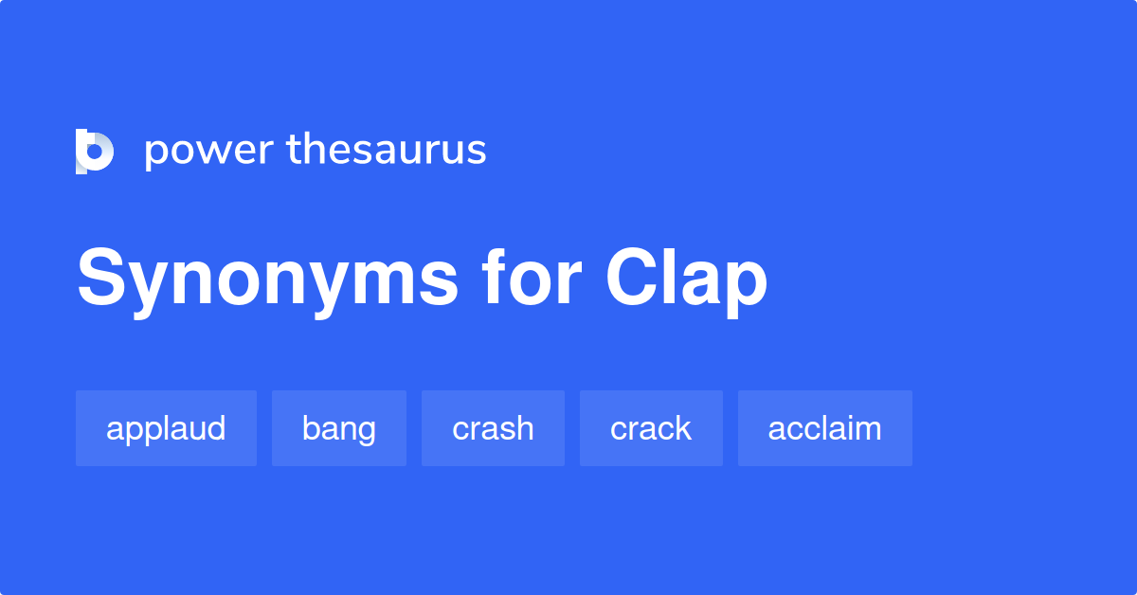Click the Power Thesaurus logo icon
(95, 152)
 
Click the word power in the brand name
(208, 152)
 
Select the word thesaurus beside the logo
(387, 150)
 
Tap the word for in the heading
(530, 279)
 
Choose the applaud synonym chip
(166, 428)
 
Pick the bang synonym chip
(338, 428)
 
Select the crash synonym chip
(493, 428)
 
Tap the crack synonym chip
(651, 428)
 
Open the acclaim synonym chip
(824, 428)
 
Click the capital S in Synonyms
(101, 279)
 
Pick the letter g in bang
(367, 432)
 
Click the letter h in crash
(524, 428)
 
